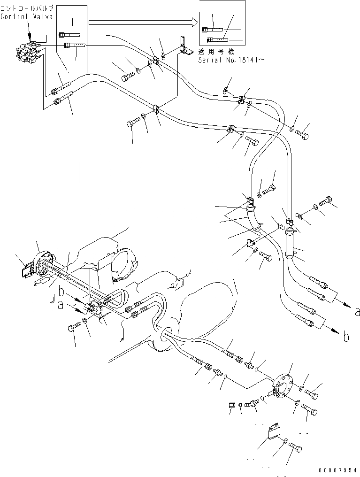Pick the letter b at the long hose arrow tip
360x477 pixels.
(346, 336)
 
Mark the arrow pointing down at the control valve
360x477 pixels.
(30, 36)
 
